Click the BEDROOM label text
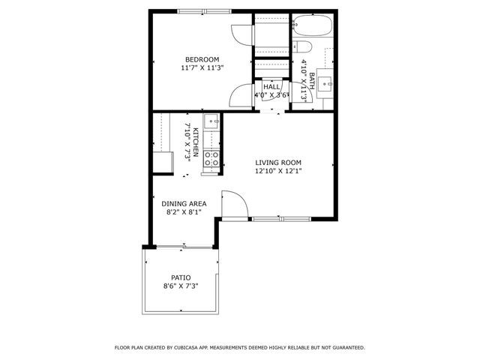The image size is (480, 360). [202, 59]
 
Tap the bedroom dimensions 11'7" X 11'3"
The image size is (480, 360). [202, 67]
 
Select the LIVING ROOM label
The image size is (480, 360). [277, 162]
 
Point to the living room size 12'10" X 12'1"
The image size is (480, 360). [277, 170]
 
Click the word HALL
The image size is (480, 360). [271, 87]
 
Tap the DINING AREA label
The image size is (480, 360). [184, 203]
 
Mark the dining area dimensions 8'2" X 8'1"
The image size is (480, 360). [184, 211]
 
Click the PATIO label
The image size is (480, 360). [181, 277]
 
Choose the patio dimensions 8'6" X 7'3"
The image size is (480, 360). [181, 286]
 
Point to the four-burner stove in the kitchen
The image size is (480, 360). [212, 158]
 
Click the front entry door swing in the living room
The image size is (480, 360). [234, 204]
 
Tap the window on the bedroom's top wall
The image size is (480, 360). [205, 11]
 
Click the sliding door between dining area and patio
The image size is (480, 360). [184, 247]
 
